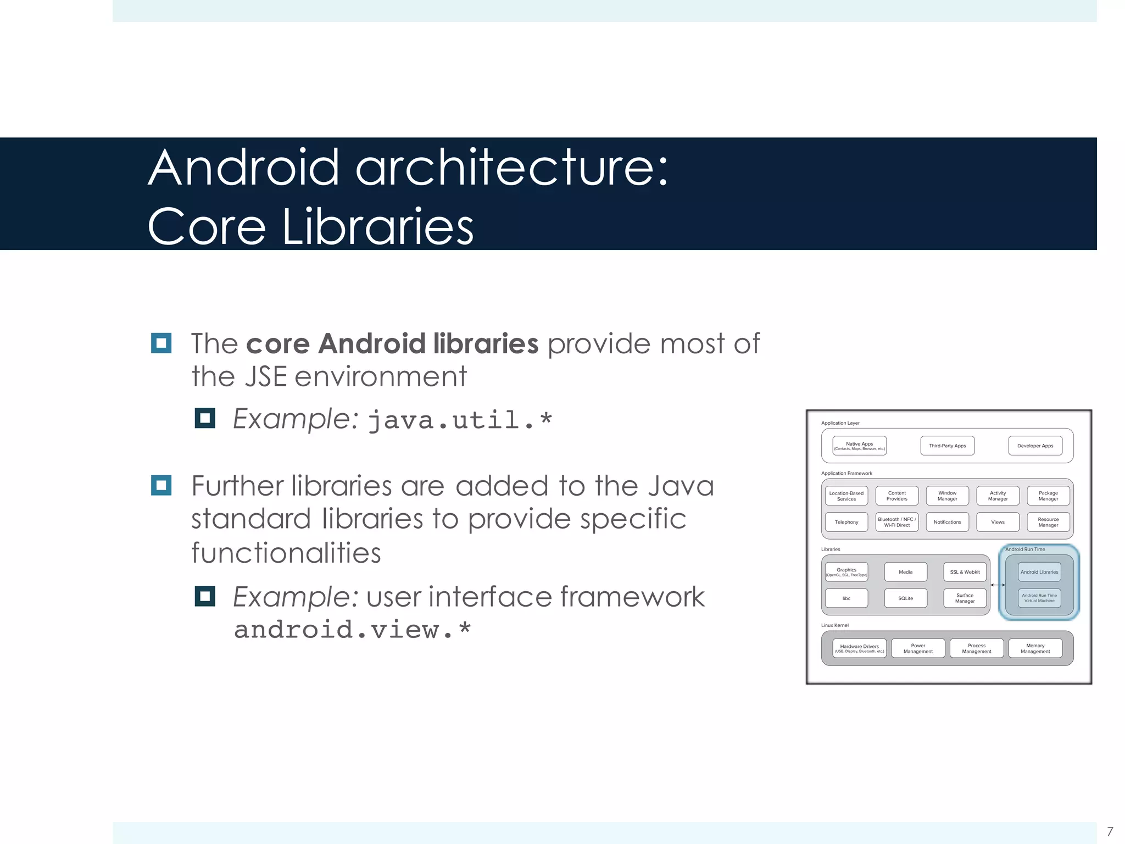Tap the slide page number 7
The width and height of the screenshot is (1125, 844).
1110,831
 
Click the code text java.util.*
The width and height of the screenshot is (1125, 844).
460,420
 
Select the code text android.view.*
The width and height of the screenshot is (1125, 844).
352,630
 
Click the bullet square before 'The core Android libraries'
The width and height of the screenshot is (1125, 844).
161,343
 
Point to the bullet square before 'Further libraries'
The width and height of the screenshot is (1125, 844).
161,486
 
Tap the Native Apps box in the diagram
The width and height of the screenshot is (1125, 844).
859,446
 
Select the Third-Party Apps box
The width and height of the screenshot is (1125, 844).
947,446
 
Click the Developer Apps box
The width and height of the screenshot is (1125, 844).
1035,446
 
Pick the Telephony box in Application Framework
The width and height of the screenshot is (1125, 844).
846,522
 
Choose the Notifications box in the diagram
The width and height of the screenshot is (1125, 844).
947,522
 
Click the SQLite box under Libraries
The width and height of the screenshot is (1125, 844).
905,598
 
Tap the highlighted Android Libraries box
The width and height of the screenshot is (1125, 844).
1039,572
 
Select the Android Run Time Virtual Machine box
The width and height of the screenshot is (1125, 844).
1039,598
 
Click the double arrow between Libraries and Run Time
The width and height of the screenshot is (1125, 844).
998,585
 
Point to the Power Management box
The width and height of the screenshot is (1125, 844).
918,648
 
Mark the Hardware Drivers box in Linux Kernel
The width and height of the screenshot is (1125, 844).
859,648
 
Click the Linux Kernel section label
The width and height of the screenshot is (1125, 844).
834,625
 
